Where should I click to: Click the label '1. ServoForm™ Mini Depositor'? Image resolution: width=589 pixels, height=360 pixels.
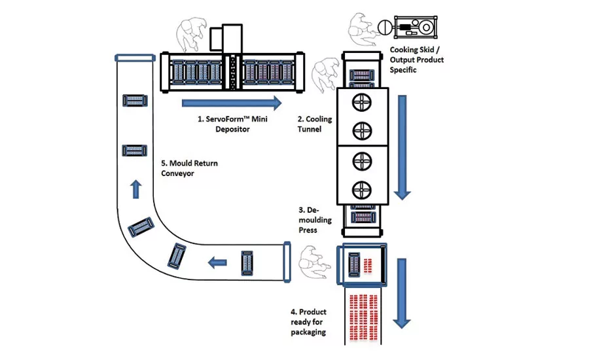click(232, 124)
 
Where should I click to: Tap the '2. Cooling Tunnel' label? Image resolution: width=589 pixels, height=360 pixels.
click(315, 124)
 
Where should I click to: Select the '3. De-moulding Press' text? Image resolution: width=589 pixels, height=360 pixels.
click(315, 220)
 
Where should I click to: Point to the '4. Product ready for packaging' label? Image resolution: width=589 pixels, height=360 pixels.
click(308, 322)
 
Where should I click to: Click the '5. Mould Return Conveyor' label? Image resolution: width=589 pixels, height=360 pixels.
click(189, 168)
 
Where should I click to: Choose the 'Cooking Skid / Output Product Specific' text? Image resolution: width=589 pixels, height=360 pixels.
click(417, 60)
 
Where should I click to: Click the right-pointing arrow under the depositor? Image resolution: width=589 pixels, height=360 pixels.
click(232, 103)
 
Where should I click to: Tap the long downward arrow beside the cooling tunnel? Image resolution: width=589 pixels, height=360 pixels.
click(402, 147)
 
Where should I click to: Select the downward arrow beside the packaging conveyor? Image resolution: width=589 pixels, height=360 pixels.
click(402, 293)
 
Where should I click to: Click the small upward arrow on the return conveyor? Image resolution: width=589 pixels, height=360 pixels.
click(136, 189)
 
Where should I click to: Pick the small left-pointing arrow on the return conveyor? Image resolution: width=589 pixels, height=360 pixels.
click(217, 262)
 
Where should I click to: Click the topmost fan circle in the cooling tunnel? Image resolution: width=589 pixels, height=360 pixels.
click(362, 102)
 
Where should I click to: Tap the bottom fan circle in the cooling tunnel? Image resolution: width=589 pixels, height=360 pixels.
click(362, 190)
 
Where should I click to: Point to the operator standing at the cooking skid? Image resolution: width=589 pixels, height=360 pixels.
click(361, 29)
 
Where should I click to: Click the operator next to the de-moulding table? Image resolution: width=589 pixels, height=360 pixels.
click(314, 262)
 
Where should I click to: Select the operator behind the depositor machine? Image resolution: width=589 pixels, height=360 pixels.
click(192, 34)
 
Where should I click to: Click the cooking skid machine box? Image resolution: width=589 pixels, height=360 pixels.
click(416, 27)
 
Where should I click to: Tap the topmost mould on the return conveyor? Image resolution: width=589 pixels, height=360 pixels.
click(135, 101)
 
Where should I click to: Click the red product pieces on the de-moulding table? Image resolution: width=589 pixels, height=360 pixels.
click(367, 266)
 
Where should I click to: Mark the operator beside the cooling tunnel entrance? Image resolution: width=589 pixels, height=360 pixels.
click(325, 75)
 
